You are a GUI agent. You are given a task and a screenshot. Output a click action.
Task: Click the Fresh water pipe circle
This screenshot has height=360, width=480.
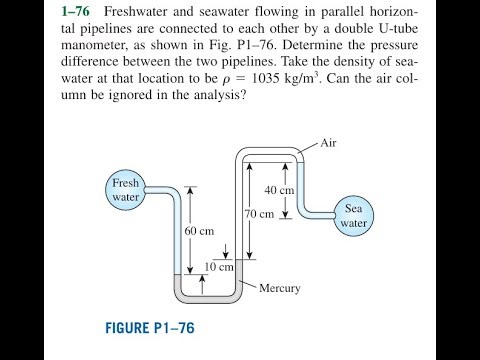pos(126,190)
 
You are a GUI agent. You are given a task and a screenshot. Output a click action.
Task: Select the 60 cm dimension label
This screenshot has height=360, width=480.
pos(200,231)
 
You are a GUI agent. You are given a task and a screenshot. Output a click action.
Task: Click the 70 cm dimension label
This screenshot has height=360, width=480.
pos(259,214)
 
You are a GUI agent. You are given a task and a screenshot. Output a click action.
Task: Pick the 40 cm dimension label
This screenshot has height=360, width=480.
pos(279,190)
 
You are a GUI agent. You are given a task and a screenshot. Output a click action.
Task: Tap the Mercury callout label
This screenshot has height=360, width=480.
pos(279,289)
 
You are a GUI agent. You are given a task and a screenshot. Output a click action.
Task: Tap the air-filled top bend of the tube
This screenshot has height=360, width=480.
pos(270,152)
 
